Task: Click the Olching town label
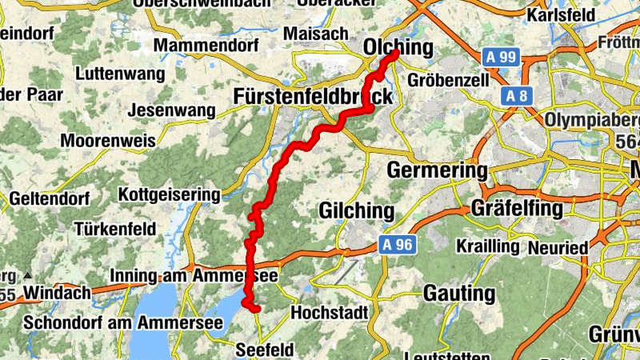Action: coord(398,46)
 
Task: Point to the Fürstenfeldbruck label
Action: coord(314,97)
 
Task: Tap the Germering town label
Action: coord(437,170)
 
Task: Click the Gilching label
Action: coord(357,211)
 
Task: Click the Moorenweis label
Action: coord(110,141)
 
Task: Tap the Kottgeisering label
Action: coord(169,194)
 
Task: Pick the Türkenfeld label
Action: coord(115,229)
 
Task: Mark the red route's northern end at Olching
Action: coord(394,54)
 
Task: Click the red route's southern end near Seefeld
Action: coord(257,309)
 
